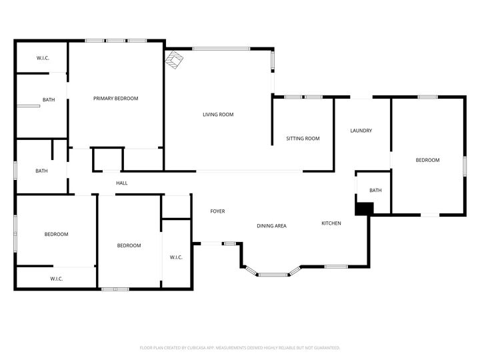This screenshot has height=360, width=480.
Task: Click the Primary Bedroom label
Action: tap(115, 99)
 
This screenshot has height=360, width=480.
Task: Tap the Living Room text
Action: tap(218, 115)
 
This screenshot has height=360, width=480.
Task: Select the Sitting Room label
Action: tap(303, 139)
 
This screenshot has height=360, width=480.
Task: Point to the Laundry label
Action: tap(361, 131)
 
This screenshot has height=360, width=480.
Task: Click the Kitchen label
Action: tap(331, 223)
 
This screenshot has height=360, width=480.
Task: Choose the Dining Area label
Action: tap(271, 226)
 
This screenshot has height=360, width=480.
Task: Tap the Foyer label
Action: tap(217, 211)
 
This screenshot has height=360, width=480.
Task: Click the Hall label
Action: tap(122, 183)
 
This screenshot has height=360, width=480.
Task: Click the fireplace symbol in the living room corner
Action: tap(174, 60)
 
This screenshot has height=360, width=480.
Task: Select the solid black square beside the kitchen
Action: tap(363, 209)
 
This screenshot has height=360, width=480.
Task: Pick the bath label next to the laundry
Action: tap(375, 191)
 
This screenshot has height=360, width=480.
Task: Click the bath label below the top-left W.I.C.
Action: tap(49, 100)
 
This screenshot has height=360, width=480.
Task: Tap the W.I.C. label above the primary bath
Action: tap(43, 59)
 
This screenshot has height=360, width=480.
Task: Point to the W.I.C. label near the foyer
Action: tap(176, 257)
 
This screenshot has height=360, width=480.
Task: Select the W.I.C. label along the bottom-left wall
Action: tap(56, 279)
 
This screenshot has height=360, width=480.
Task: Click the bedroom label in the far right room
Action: tap(427, 160)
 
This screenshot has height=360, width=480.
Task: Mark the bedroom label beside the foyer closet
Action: tap(129, 245)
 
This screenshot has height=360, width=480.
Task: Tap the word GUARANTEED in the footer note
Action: tap(325, 347)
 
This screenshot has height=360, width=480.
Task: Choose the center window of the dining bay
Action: tap(273, 274)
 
